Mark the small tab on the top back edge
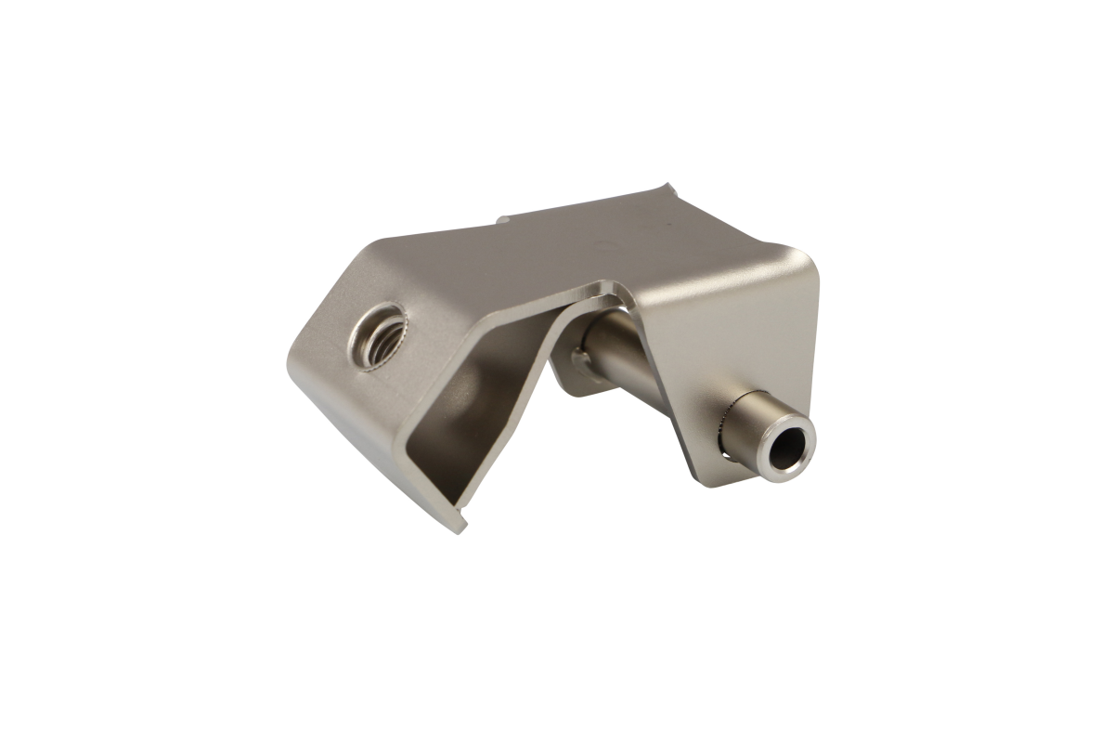pos(502,221)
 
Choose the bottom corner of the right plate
pos(701,476)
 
